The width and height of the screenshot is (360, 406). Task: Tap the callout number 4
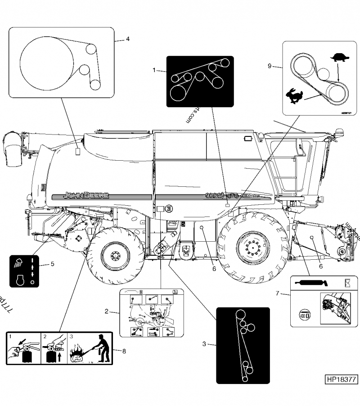(x=128, y=39)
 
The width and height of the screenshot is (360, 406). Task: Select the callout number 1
(x=154, y=70)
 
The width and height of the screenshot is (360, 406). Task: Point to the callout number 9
(x=270, y=66)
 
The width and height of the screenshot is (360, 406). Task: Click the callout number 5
(x=52, y=264)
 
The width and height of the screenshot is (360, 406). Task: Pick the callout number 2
(x=106, y=311)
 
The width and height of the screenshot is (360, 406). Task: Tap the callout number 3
(x=204, y=344)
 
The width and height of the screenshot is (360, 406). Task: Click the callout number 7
(x=278, y=294)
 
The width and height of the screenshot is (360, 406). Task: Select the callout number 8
(x=118, y=351)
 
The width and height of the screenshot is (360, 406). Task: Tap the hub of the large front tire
(x=253, y=248)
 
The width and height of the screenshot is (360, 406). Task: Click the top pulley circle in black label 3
(x=241, y=315)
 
